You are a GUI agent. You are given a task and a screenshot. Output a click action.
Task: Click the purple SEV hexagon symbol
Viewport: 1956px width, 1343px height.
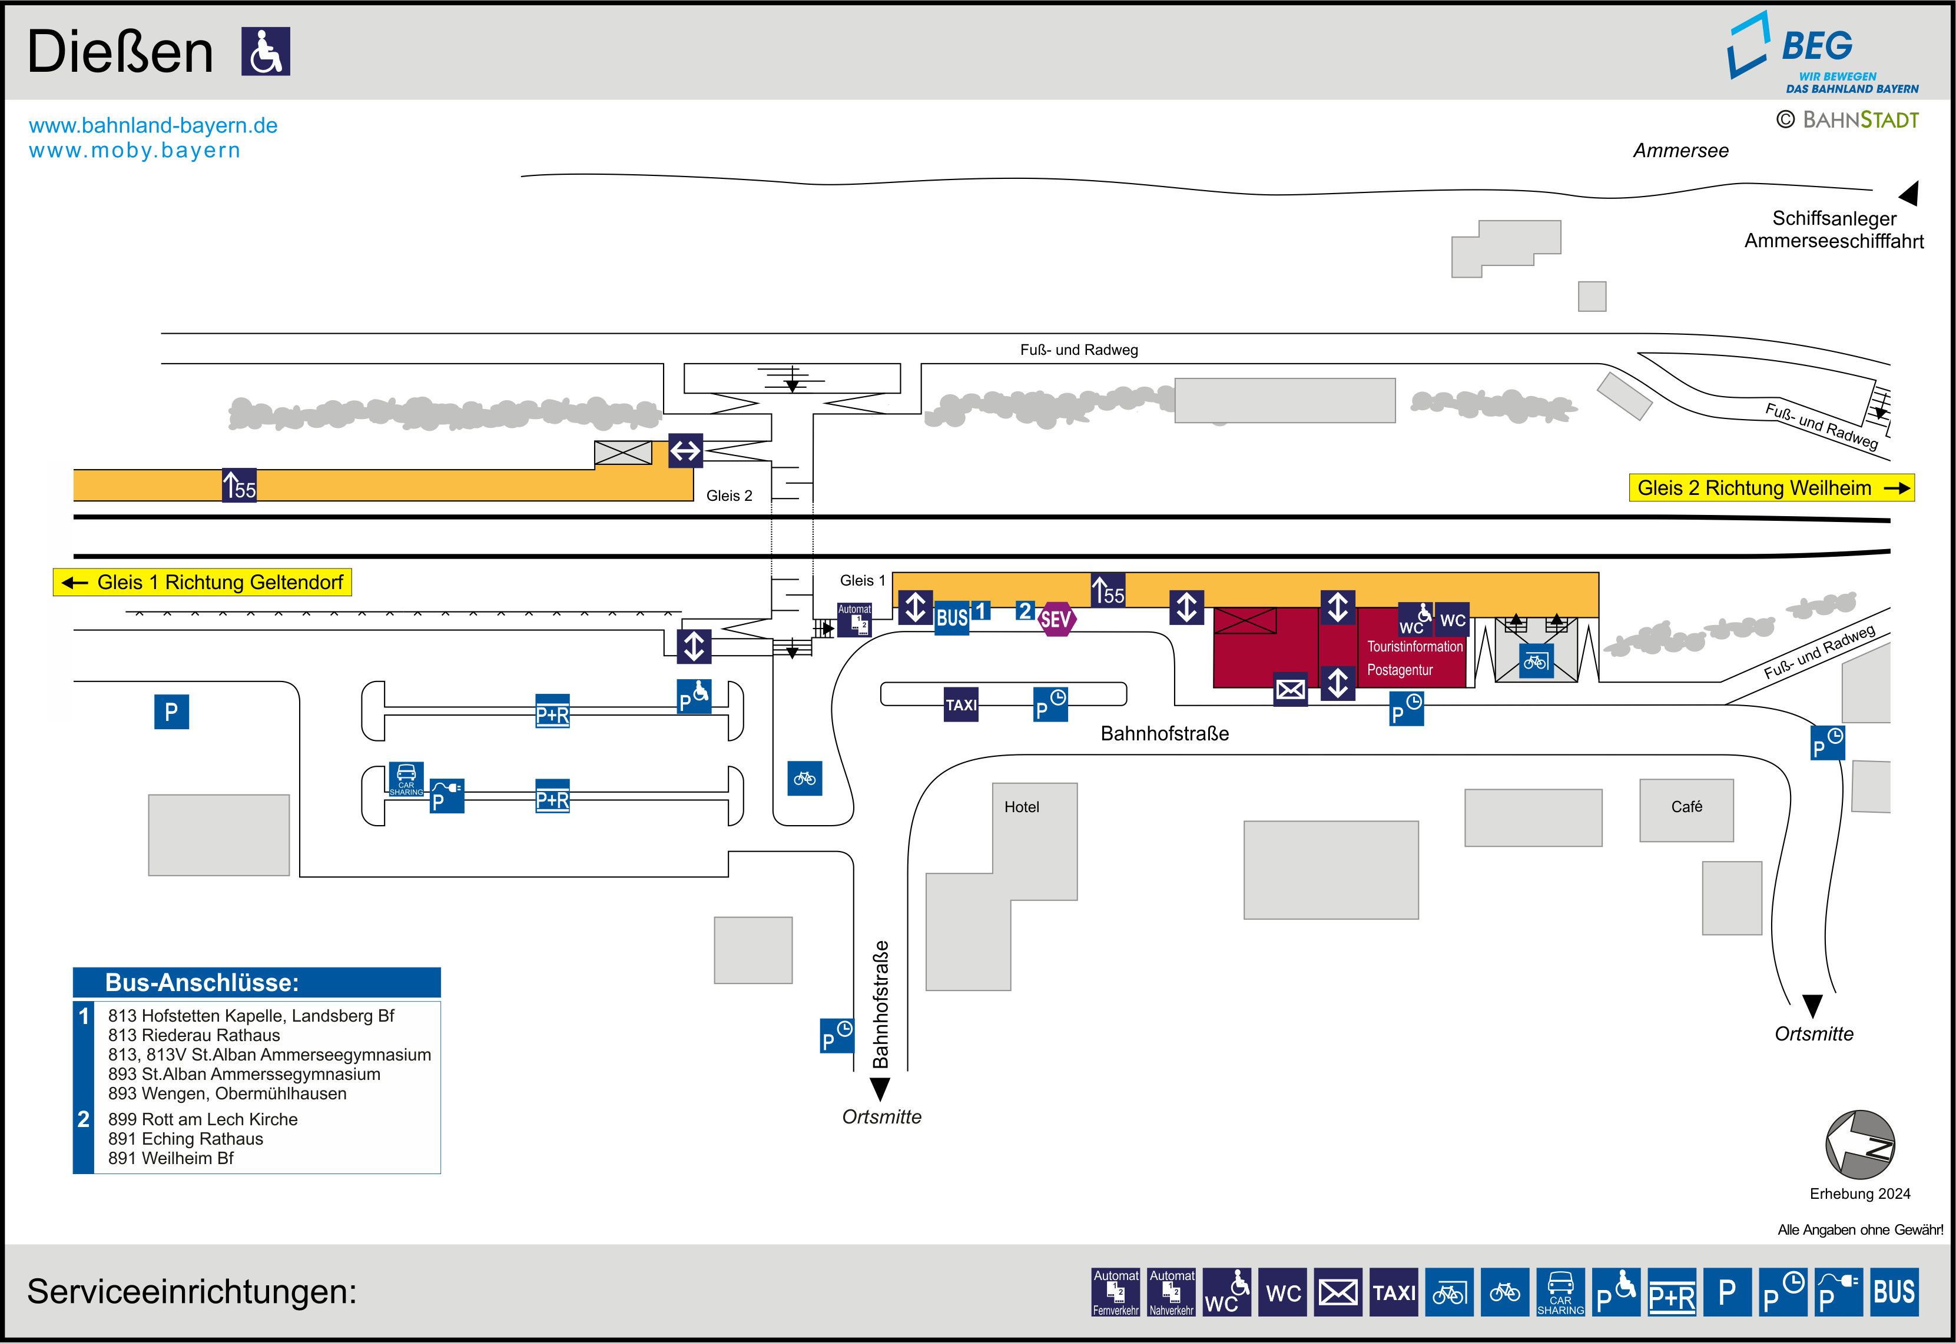tap(1056, 619)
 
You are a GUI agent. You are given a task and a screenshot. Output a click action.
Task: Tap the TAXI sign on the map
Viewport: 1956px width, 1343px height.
tap(961, 704)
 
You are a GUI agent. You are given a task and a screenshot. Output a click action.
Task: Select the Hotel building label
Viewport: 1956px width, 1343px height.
tap(1021, 807)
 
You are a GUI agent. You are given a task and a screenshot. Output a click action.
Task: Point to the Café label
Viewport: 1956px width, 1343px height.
tap(1687, 806)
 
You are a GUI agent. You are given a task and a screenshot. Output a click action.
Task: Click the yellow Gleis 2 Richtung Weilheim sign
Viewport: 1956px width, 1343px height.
tap(1772, 488)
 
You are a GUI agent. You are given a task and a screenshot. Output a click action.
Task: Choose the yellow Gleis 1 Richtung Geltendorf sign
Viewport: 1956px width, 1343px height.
tap(203, 582)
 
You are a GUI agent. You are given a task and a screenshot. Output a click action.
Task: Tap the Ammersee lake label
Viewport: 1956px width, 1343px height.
tap(1681, 151)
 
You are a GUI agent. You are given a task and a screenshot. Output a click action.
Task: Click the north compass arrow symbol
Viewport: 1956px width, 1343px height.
tap(1860, 1145)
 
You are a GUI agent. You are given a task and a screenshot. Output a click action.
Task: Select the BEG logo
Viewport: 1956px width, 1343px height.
tap(1824, 52)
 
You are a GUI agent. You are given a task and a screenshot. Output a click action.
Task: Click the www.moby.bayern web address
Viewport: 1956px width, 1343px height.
tap(135, 151)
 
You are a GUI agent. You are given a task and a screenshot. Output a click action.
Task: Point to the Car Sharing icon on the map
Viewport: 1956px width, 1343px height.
tap(406, 779)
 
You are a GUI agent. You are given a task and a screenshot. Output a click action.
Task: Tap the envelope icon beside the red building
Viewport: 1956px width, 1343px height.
tap(1290, 690)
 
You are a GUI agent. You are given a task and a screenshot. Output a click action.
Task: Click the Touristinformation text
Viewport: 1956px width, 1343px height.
tap(1415, 646)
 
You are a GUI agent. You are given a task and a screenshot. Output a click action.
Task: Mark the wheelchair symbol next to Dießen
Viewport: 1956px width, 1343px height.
tap(266, 51)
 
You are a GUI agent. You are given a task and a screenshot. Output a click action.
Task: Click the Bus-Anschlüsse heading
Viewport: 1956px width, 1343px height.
tap(202, 983)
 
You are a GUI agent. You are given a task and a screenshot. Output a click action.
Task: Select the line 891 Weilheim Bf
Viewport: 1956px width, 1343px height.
tap(171, 1158)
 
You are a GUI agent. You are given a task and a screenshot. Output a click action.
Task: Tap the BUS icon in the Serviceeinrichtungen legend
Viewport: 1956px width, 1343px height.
tap(1894, 1292)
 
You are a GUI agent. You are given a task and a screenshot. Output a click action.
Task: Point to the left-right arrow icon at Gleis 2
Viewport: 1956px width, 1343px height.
tap(685, 451)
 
